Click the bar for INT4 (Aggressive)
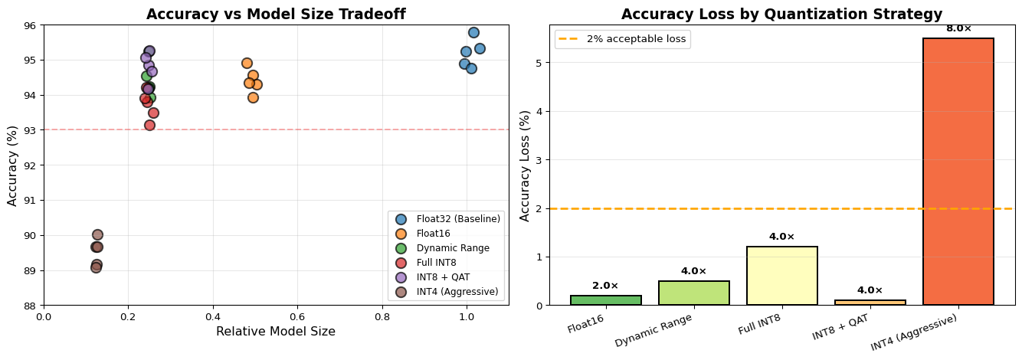click(x=958, y=172)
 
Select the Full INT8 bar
click(x=781, y=276)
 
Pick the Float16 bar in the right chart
click(x=605, y=300)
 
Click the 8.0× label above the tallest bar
click(x=958, y=28)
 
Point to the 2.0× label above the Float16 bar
click(x=605, y=286)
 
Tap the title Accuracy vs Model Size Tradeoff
click(x=276, y=15)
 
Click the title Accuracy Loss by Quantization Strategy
click(x=781, y=15)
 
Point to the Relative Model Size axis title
click(x=276, y=332)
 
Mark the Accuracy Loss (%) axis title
click(x=526, y=165)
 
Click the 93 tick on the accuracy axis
click(x=31, y=130)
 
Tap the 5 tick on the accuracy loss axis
click(x=540, y=63)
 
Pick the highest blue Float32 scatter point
click(x=473, y=32)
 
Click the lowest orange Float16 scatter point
click(x=253, y=97)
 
